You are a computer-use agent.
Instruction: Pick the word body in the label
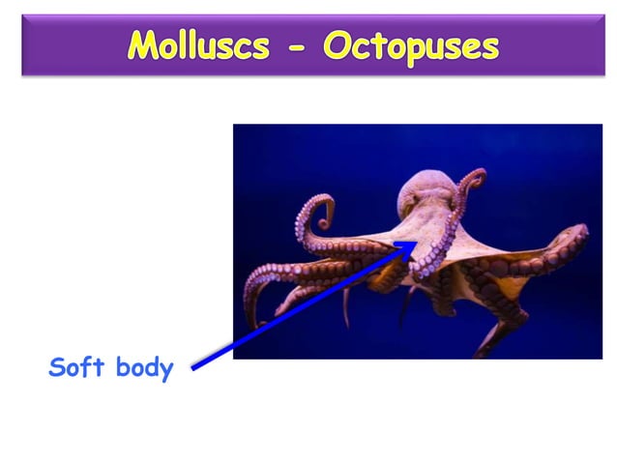[x=142, y=368]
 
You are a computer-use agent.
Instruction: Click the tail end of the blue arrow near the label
[x=194, y=367]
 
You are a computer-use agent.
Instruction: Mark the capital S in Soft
[x=57, y=367]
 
